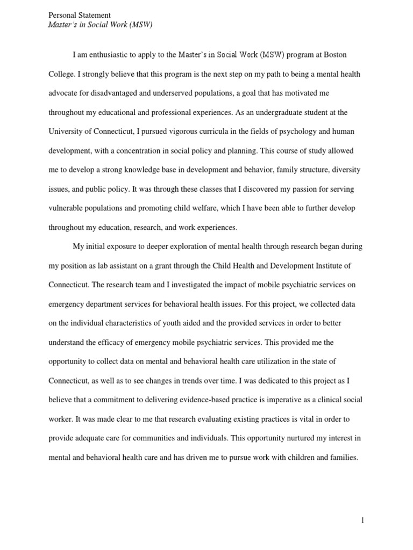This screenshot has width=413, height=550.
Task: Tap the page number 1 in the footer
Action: click(x=362, y=520)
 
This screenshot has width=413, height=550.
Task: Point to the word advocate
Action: click(x=65, y=93)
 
